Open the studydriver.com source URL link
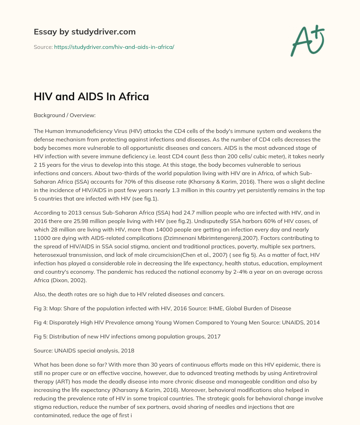point(114,47)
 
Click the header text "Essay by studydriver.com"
point(84,32)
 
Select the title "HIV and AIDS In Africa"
point(91,97)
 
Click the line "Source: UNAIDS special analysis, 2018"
point(84,350)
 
